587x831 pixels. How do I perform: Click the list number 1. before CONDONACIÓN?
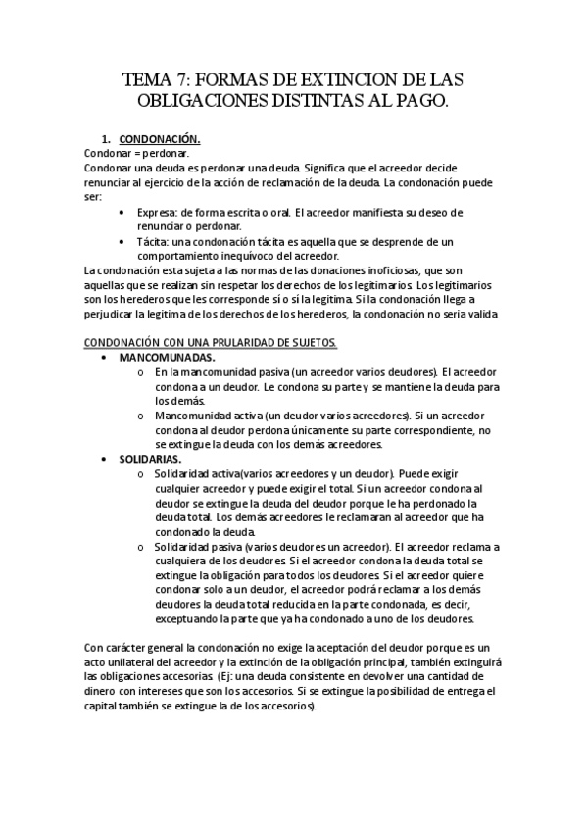coord(120,139)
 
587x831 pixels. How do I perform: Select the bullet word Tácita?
coord(155,240)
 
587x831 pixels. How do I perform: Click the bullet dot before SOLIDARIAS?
coord(105,458)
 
